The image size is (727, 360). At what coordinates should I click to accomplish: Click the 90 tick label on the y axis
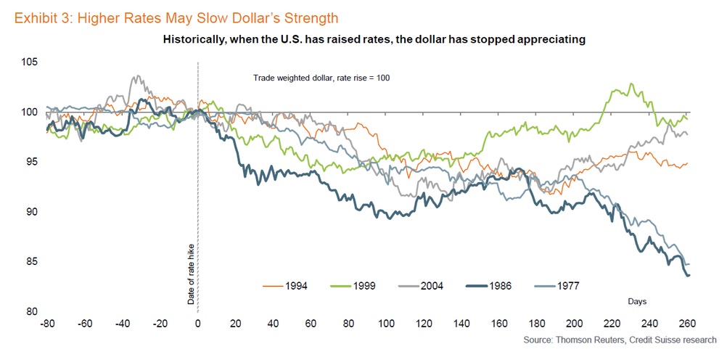coord(30,212)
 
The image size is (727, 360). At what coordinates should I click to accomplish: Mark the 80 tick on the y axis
coord(30,312)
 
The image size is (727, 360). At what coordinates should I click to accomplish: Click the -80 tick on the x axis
coord(49,324)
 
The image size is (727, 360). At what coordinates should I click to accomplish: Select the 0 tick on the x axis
coord(198,324)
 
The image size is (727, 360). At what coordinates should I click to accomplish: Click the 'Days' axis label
coord(638,300)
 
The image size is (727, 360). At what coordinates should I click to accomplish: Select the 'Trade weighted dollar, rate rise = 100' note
coord(321,78)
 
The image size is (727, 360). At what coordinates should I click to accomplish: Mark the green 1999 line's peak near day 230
coord(632,84)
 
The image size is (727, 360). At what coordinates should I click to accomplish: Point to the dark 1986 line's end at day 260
coord(687,275)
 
